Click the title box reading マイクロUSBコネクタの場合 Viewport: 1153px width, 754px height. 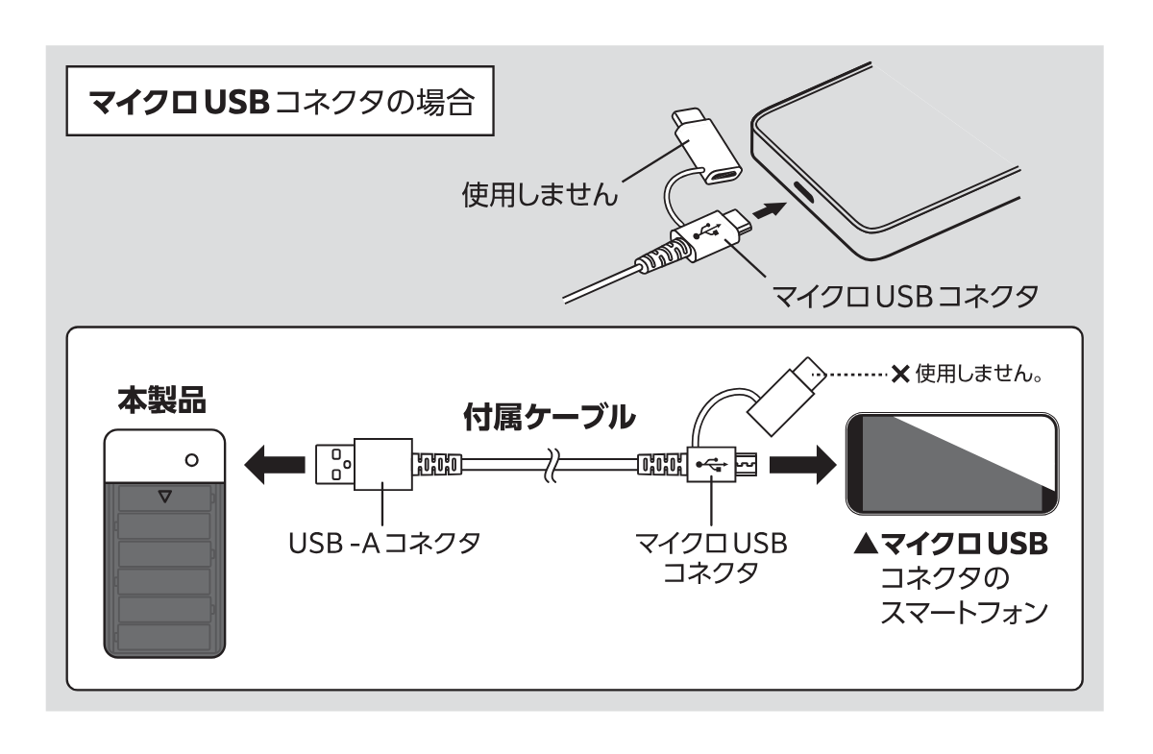click(279, 103)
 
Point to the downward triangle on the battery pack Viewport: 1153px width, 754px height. click(164, 497)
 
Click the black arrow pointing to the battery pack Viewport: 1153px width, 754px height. click(270, 466)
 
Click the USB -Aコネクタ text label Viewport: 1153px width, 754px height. click(384, 544)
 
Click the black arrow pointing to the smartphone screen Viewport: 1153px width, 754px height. click(799, 466)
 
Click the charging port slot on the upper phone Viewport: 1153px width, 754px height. click(804, 192)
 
